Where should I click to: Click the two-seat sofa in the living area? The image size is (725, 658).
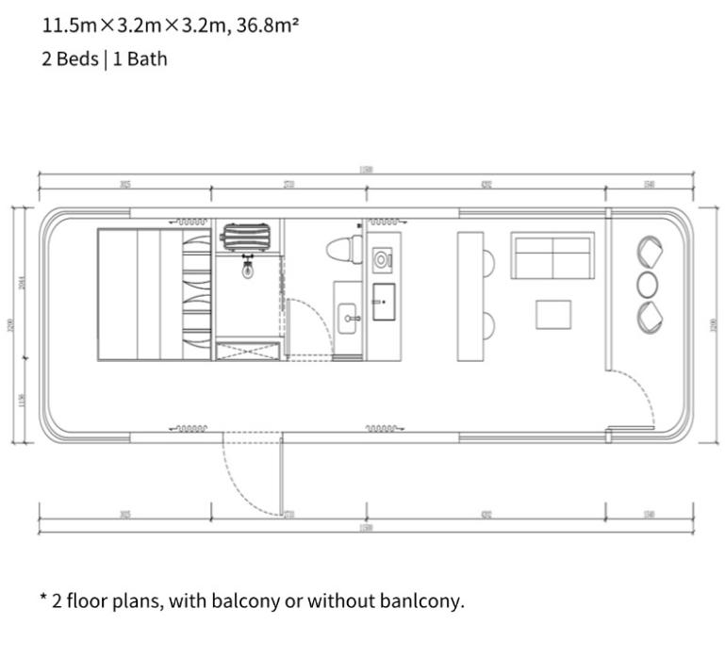(552, 255)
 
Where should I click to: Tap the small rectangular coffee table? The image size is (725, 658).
(553, 314)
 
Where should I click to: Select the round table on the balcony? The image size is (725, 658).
(650, 284)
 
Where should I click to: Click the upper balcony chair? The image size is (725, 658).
(650, 252)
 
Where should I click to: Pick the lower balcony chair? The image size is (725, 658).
(650, 317)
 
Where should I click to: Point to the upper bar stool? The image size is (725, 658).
(487, 262)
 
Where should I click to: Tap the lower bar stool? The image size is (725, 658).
(487, 326)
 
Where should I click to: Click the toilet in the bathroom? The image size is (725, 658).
(344, 250)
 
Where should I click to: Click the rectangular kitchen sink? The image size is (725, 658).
(384, 302)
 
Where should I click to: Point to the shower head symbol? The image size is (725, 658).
(247, 271)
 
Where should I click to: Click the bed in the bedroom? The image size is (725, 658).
(141, 293)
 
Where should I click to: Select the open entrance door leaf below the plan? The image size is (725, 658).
(281, 477)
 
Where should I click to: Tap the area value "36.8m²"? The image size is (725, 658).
(263, 25)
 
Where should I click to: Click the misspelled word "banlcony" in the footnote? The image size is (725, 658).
(420, 600)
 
